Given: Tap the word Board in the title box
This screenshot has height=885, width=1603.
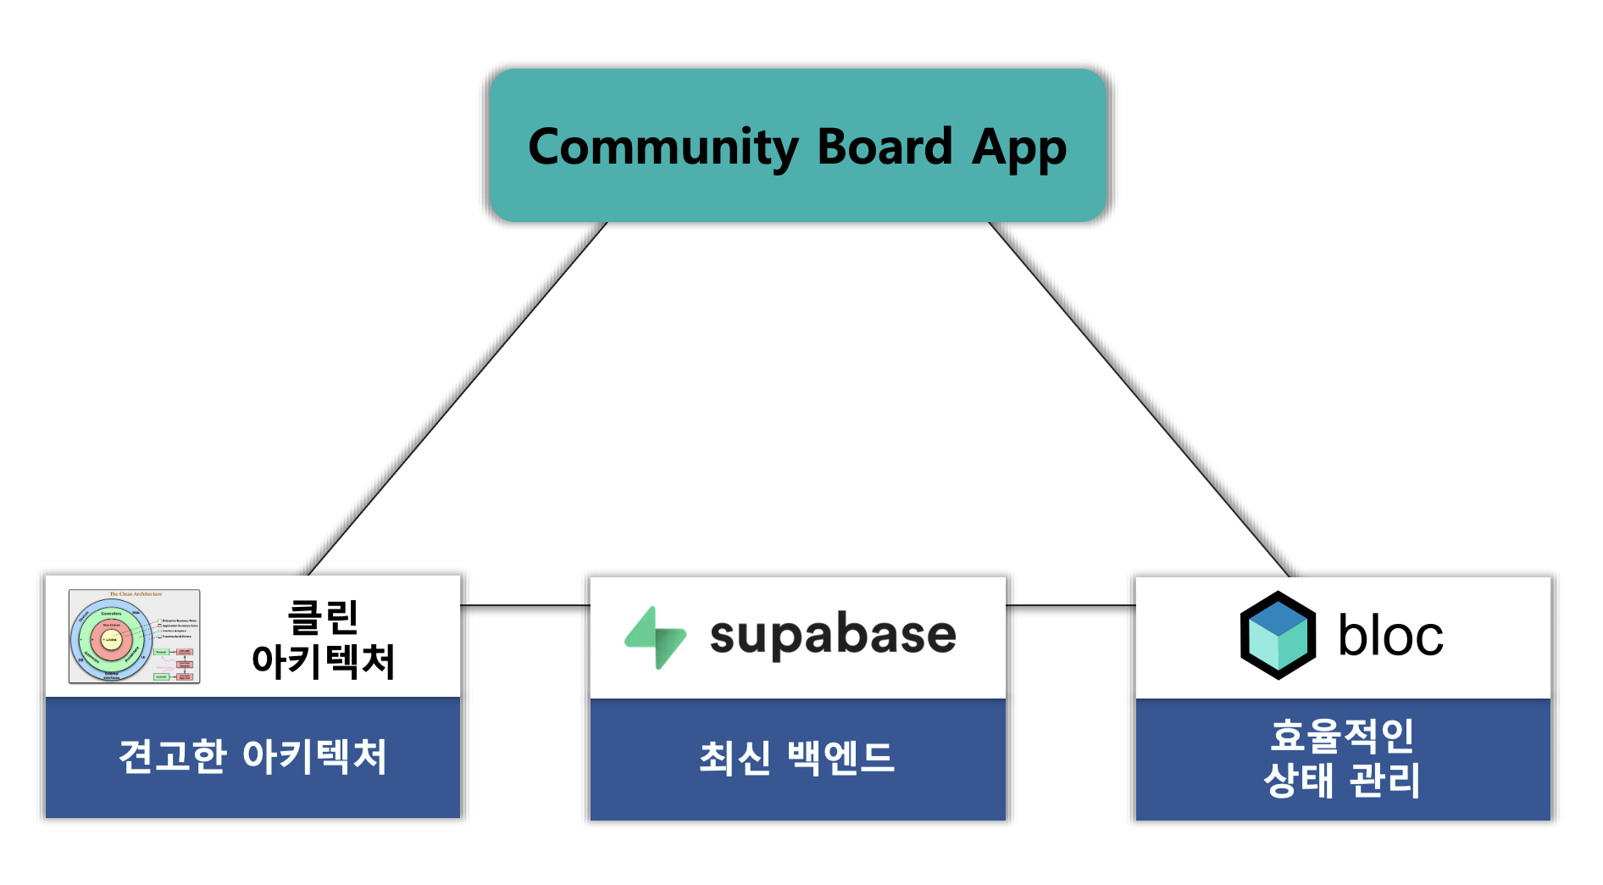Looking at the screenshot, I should coord(885,147).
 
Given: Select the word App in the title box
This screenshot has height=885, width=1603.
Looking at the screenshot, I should coord(1018,149).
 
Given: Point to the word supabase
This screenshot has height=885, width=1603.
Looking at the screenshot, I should coord(833,635).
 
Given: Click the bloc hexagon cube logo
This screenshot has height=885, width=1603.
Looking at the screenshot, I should coord(1278,636).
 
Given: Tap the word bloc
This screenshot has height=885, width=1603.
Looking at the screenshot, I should coord(1390,636).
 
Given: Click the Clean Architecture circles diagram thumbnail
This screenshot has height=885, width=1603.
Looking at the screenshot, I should coord(135,637).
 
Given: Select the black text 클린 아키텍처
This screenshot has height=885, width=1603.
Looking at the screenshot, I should coord(324,639).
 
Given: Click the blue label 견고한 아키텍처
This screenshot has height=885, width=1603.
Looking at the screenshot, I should coord(252,757).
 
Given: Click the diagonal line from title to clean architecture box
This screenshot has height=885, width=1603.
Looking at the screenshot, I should coord(458,398).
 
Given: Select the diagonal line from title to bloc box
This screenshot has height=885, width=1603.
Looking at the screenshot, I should coord(1140,398).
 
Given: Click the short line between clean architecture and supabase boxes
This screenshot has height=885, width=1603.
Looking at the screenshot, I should coord(525,605).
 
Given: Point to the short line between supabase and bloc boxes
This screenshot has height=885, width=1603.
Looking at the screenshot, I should coord(1070,605).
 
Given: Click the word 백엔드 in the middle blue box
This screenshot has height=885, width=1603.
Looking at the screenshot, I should coord(840,758).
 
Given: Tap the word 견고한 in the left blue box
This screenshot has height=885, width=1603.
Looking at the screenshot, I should coord(173,757).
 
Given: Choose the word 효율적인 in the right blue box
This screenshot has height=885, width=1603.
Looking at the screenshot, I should coord(1342,736).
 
